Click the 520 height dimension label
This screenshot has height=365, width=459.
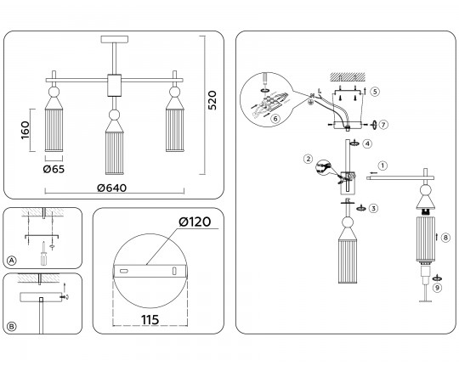click(212, 100)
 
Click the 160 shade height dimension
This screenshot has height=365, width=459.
click(25, 130)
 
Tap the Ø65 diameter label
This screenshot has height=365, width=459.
click(54, 169)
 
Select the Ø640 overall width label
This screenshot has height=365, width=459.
click(112, 188)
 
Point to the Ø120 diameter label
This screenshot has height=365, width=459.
click(195, 222)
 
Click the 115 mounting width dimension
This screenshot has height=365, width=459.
click(150, 320)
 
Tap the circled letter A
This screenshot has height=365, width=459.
click(11, 261)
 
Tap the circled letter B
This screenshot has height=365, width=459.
click(11, 326)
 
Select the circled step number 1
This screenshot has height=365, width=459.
click(382, 166)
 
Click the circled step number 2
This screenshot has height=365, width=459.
click(308, 159)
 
